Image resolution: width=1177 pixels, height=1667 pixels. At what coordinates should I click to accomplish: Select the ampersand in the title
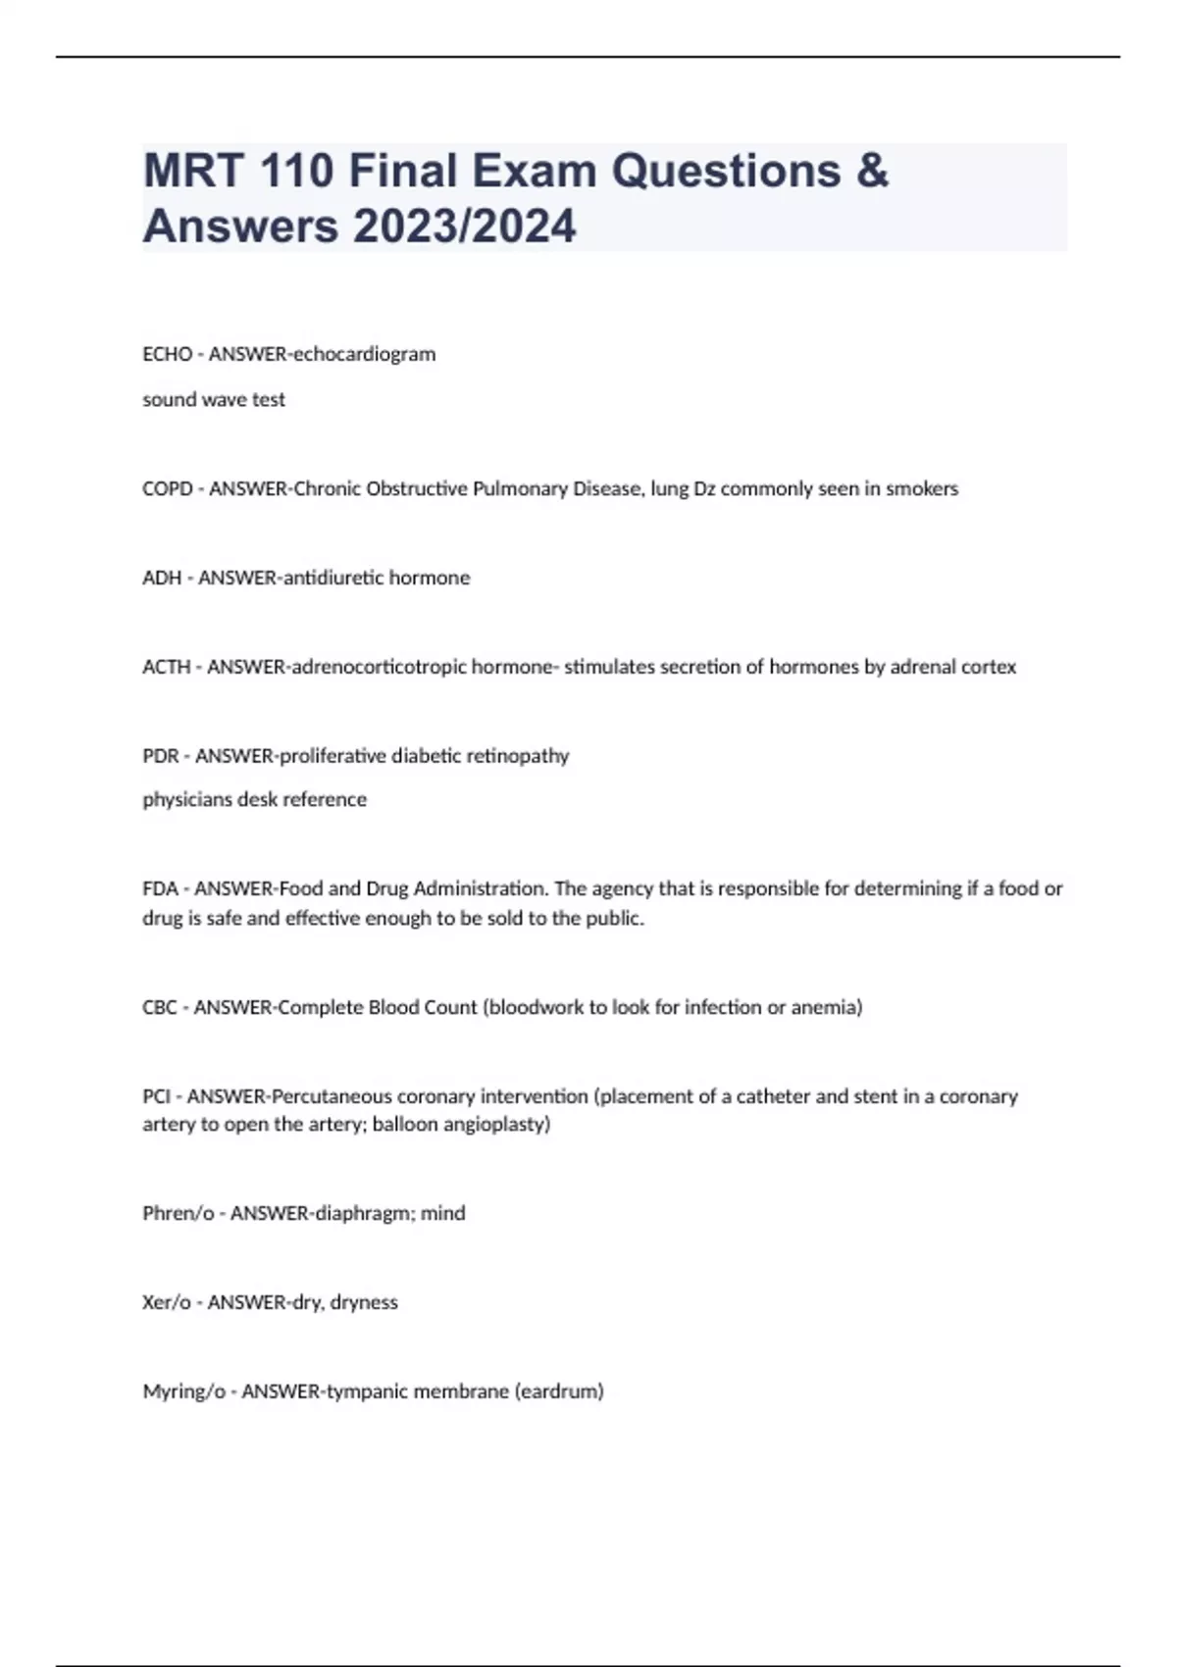tap(871, 171)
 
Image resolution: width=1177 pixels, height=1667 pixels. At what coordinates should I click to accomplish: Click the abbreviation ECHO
tap(167, 354)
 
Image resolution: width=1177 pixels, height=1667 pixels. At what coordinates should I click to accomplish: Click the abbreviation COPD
tap(167, 488)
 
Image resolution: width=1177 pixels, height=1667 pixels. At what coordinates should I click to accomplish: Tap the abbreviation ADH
tap(162, 578)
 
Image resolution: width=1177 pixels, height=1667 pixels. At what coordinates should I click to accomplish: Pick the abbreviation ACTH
tap(166, 667)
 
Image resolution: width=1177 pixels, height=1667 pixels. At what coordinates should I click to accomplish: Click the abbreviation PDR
tap(160, 756)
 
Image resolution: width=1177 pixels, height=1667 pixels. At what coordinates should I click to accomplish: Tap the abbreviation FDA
tap(160, 888)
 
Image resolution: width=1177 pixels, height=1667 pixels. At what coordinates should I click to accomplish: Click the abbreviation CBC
tap(159, 1007)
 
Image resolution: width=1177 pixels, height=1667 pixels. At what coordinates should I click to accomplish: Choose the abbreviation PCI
tap(156, 1096)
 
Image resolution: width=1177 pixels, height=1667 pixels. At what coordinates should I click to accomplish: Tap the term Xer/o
tap(166, 1302)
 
